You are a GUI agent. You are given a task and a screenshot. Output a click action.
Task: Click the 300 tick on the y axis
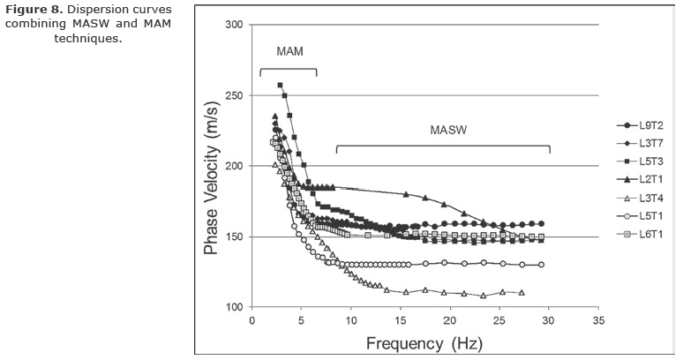pyautogui.click(x=233, y=25)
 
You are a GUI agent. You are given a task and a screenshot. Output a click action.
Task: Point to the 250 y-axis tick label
pyautogui.click(x=233, y=95)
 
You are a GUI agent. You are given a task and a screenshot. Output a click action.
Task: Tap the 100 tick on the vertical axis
pyautogui.click(x=233, y=307)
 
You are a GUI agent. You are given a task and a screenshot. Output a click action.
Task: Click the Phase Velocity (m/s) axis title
pyautogui.click(x=211, y=174)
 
